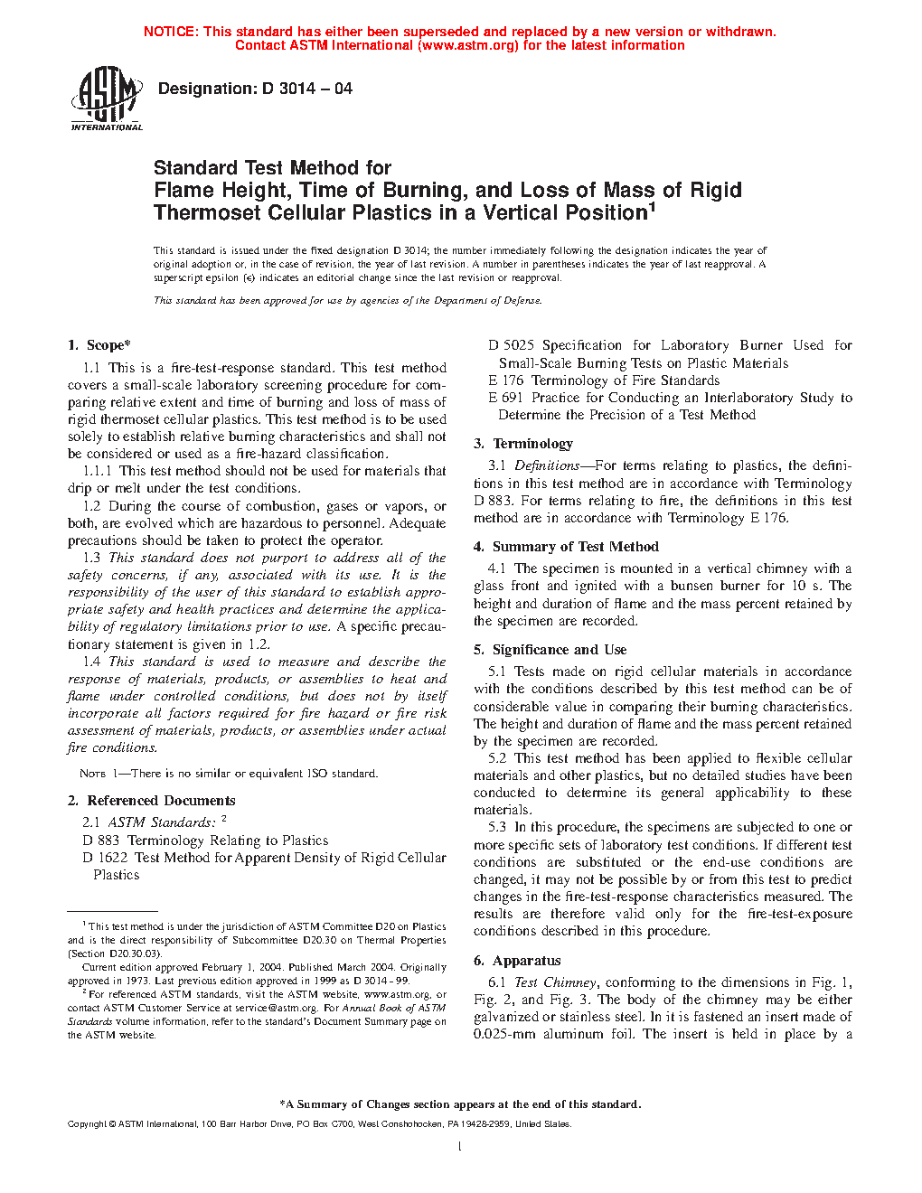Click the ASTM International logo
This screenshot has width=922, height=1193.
106,98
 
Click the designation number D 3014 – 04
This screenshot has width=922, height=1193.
306,89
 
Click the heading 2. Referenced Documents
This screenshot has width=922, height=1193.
152,801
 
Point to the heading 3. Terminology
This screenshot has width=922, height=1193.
523,444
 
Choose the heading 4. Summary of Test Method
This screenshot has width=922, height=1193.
566,547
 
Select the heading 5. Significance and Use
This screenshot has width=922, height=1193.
550,650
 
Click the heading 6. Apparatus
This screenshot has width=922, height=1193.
517,961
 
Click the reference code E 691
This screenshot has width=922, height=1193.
505,398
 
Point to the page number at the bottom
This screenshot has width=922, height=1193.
460,1147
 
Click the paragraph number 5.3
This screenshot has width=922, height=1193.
497,827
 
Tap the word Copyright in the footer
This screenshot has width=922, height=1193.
87,1124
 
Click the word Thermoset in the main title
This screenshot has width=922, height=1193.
202,213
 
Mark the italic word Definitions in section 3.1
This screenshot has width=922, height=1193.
547,465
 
